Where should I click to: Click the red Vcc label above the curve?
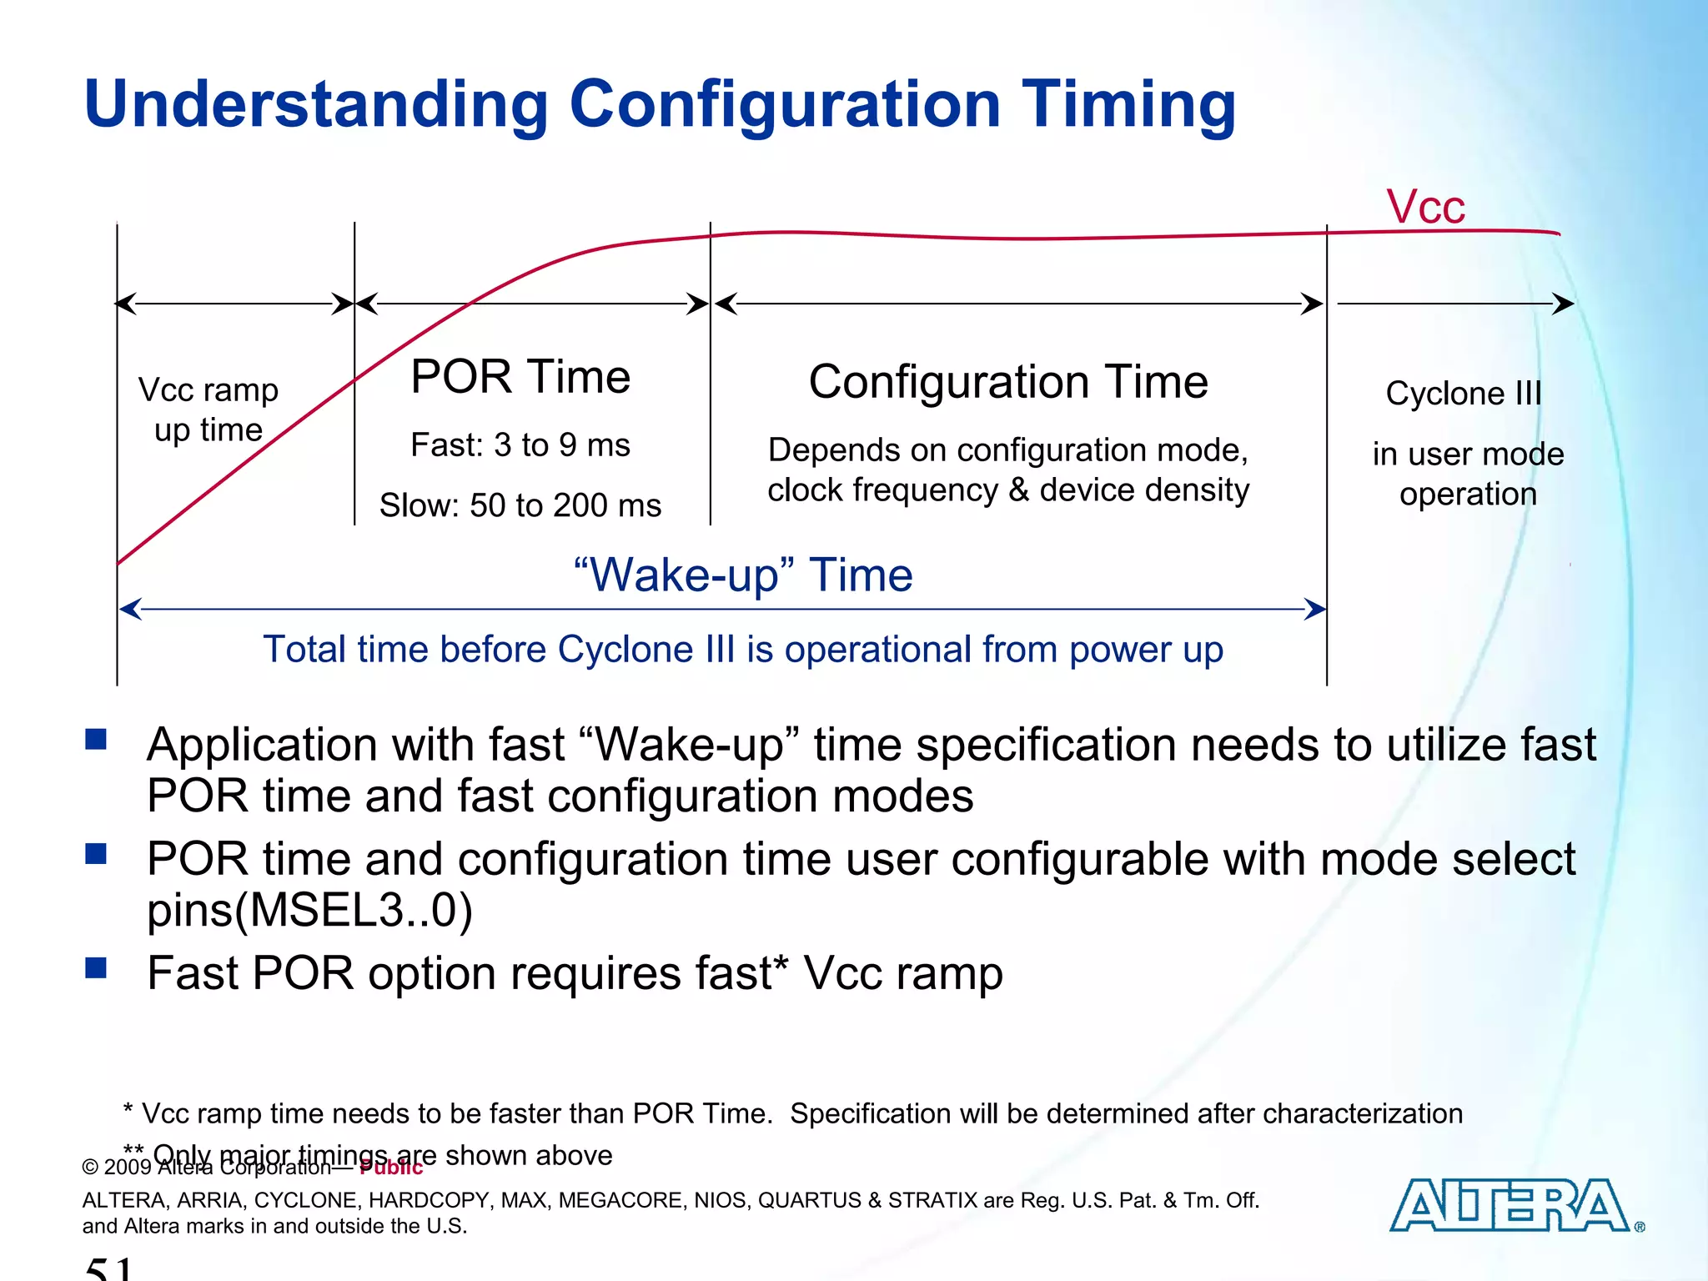pos(1425,207)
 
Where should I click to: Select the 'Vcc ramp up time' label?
pos(208,409)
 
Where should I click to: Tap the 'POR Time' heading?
pos(520,377)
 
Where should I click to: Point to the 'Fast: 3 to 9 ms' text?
pos(520,445)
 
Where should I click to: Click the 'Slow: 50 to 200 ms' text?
pos(520,505)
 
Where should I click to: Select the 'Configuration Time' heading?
pos(1008,382)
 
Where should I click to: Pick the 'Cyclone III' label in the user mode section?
pos(1464,394)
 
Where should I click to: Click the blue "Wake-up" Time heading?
pos(743,575)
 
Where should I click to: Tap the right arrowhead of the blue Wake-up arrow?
pos(1316,610)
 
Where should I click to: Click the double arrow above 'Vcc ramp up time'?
pos(235,304)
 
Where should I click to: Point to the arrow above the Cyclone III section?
pos(1455,304)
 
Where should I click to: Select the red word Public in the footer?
pos(391,1168)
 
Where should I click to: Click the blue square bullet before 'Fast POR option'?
pos(97,967)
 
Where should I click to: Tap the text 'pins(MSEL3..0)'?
pos(309,910)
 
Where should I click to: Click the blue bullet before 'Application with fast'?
pos(97,739)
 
